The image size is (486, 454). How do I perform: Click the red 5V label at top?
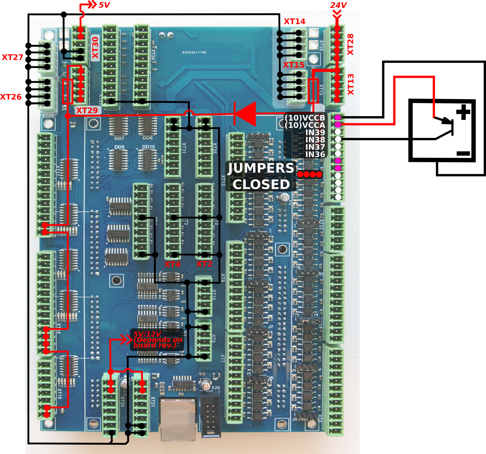point(104,5)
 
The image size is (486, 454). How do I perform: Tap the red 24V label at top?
point(338,5)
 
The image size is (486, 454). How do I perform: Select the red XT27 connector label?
point(12,57)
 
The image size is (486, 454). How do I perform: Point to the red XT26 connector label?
point(11,97)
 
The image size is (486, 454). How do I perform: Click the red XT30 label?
point(95,48)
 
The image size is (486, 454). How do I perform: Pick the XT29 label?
point(87,110)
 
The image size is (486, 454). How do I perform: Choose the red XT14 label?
point(294,21)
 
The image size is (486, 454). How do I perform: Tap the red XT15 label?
point(294,65)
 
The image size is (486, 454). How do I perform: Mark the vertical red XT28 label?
point(350,44)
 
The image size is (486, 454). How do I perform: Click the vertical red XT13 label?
point(350,84)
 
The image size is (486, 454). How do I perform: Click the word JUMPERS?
point(261,168)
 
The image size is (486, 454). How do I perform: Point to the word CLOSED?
point(261,184)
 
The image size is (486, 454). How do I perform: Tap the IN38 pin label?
point(315,140)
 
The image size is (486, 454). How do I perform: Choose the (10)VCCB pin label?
point(305,117)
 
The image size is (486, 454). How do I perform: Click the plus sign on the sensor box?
point(463,112)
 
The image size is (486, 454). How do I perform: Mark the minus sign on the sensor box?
point(463,154)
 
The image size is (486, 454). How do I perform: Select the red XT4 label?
point(172,264)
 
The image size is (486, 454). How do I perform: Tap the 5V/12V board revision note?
point(157,340)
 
